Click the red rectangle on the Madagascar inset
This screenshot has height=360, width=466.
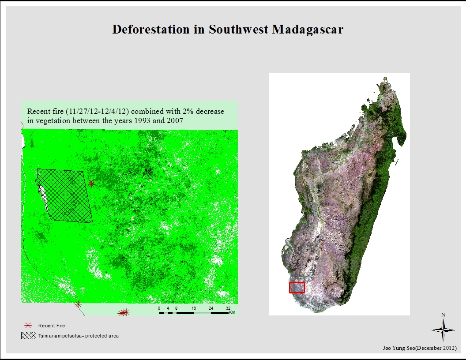[x=297, y=288]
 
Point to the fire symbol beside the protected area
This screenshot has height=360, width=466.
[x=91, y=184]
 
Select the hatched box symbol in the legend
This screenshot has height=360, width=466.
[x=29, y=336]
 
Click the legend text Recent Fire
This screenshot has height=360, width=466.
[x=52, y=326]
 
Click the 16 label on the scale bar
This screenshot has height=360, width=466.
[x=194, y=308]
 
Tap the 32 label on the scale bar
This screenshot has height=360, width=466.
[x=228, y=308]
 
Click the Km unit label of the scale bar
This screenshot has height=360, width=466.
[x=232, y=313]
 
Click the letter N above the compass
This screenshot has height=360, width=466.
[x=443, y=315]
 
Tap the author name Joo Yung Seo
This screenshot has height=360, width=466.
[x=401, y=348]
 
